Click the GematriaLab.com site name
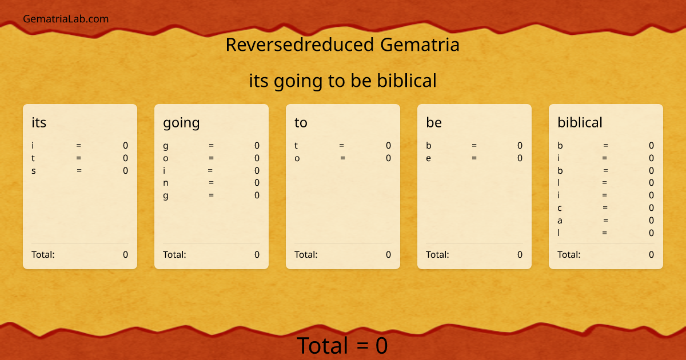(x=66, y=19)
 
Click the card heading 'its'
(x=39, y=122)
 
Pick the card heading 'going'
(x=181, y=122)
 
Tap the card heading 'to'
(x=301, y=122)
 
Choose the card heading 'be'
(x=434, y=122)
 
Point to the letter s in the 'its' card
(x=34, y=170)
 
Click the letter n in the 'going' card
(x=166, y=183)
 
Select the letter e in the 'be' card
(x=428, y=158)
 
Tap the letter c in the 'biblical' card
(x=560, y=208)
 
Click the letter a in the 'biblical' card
(x=560, y=221)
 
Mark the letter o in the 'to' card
(x=297, y=158)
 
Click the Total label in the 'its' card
(x=43, y=255)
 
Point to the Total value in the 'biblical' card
(x=651, y=255)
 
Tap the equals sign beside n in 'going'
(x=211, y=183)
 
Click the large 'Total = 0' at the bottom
(x=342, y=346)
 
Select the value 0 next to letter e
(x=520, y=158)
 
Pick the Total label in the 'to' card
(x=306, y=255)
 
